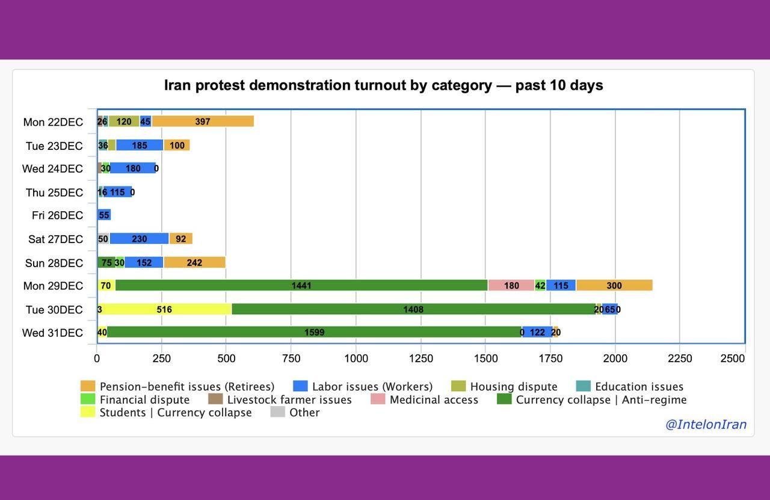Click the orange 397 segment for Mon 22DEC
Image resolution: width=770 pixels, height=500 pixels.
coord(203,122)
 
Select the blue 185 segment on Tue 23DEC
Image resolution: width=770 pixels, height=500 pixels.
coord(140,145)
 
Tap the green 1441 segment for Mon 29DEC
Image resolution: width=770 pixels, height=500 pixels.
coord(301,285)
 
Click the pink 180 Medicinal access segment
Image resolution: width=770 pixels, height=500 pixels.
coord(511,285)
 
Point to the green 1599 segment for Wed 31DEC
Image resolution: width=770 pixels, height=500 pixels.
coord(315,332)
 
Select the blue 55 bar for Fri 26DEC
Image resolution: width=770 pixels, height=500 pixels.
coord(104,215)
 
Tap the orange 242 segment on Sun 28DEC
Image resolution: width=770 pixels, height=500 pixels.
coord(194,262)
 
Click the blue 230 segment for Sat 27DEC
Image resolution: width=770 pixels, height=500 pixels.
coord(140,239)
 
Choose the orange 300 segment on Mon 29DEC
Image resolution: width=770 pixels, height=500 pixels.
coord(614,285)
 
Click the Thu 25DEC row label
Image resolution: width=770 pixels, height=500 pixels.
coord(54,193)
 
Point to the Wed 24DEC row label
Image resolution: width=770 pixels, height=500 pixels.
coord(52,168)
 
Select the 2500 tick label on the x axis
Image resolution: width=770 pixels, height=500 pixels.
coord(733,359)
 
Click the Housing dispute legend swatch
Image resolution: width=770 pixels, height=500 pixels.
coord(458,386)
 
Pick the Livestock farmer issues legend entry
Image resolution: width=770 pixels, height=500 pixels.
coord(289,400)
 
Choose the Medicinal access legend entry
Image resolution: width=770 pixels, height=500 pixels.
coord(433,400)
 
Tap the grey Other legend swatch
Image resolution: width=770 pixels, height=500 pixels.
coord(277,412)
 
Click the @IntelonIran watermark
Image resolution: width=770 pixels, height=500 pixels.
coord(706,424)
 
